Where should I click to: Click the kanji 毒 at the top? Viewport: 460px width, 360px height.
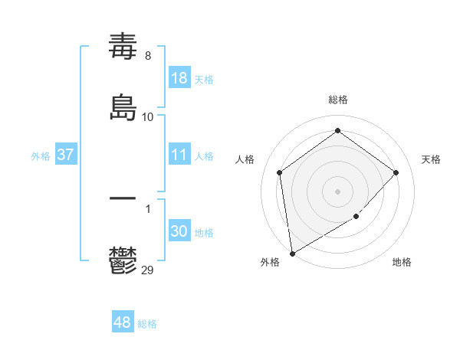[123, 47]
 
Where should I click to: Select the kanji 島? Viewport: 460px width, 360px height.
[123, 108]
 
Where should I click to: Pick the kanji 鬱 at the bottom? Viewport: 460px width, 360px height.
[123, 260]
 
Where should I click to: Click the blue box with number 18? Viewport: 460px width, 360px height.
[179, 78]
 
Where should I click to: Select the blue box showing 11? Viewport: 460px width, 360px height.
[179, 155]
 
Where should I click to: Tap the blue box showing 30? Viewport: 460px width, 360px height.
[179, 231]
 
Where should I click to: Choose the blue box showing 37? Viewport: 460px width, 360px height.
[66, 155]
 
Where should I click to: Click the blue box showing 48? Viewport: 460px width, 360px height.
[123, 322]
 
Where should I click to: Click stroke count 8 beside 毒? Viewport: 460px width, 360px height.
[148, 56]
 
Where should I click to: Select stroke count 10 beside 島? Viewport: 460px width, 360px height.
[148, 117]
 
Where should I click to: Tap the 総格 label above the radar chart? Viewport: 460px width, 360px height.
[338, 100]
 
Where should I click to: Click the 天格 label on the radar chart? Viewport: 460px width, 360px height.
[432, 159]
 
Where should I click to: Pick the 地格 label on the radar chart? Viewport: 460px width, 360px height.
[402, 263]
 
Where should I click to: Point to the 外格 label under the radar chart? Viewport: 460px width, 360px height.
[270, 263]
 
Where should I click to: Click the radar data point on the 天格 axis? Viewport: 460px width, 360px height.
[396, 172]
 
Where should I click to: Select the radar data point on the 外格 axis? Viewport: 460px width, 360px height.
[292, 253]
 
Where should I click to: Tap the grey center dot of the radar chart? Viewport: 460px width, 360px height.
[338, 191]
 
